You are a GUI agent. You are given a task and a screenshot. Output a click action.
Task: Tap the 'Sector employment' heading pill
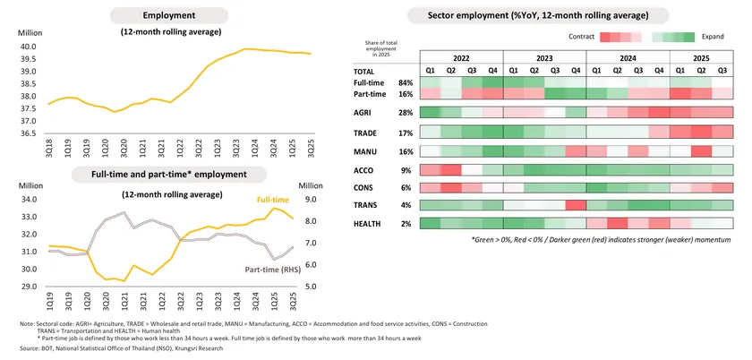pos(537,15)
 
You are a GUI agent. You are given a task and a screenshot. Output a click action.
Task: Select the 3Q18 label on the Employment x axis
pos(49,147)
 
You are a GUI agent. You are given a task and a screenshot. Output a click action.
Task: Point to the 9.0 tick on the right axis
pos(312,200)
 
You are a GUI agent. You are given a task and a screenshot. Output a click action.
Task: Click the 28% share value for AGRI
pos(406,112)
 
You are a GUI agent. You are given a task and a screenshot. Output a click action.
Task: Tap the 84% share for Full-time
pos(406,81)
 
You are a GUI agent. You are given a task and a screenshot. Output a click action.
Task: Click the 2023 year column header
pos(544,56)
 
